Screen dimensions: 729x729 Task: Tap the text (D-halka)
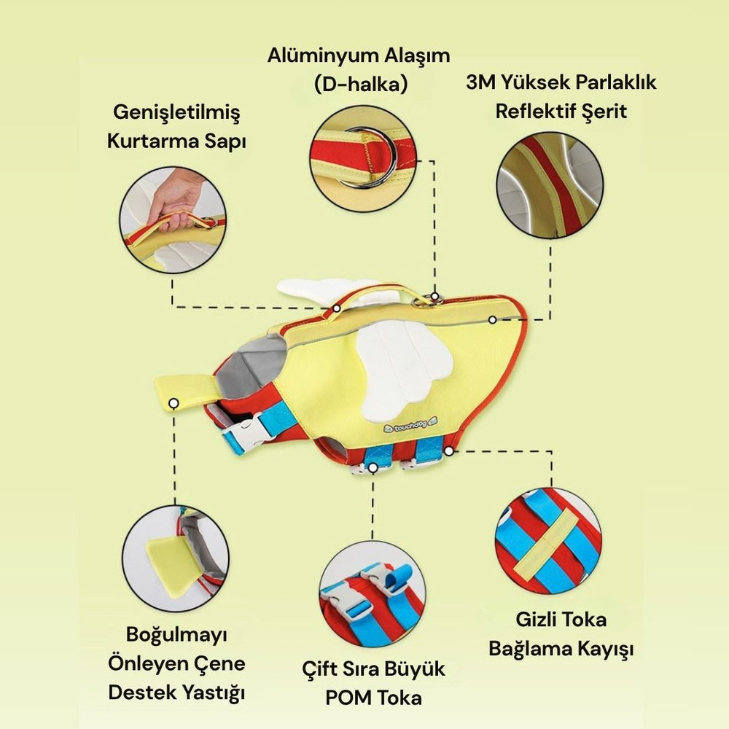(361, 85)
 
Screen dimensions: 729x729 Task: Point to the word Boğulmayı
(176, 635)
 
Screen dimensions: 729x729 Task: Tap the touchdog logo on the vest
(410, 425)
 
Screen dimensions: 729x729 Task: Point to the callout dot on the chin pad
(174, 403)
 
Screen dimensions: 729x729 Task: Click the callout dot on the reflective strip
(492, 320)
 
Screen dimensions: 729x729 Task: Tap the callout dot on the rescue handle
(337, 308)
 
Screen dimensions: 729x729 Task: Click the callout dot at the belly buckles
(373, 468)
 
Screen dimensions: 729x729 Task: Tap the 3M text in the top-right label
(479, 83)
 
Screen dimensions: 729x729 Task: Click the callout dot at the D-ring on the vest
(434, 296)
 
